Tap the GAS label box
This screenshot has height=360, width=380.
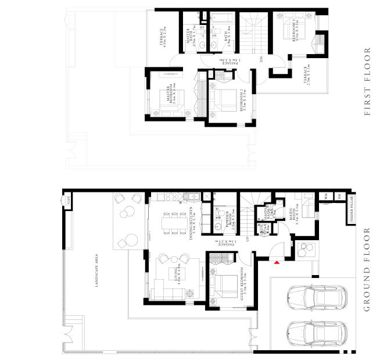point(67,201)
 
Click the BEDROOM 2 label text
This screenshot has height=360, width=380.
point(244,101)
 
